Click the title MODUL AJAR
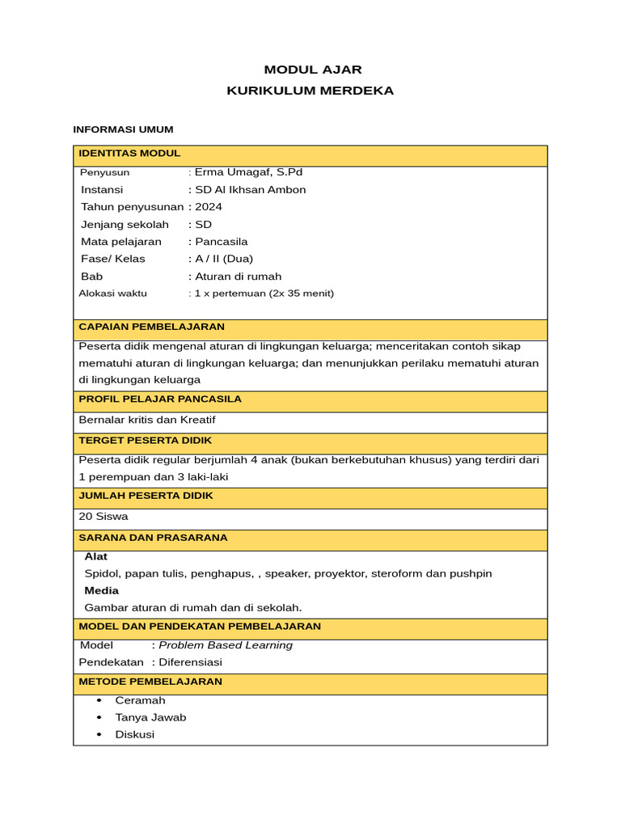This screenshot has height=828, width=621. coord(312,70)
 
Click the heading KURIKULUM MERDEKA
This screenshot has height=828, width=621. coord(310,91)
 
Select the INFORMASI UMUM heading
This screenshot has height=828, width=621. coord(123,129)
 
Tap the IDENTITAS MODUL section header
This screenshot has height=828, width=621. coord(129,154)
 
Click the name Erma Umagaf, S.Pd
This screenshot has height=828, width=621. coord(248,172)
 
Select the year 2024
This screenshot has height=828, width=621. coord(209,207)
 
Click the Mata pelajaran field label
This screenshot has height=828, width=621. coord(121,242)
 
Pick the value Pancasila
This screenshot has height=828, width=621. coord(221,242)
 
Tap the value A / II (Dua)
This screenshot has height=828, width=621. coord(224,259)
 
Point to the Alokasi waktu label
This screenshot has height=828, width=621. coord(113,294)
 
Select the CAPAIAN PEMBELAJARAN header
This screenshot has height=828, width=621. coord(151,327)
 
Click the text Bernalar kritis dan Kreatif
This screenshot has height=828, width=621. coord(147,420)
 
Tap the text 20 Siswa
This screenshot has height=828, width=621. coord(103,516)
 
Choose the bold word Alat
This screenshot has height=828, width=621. coord(95,556)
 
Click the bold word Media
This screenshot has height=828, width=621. coord(101,590)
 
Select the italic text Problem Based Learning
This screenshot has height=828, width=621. coord(226,645)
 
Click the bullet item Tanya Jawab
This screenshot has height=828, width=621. coord(150,717)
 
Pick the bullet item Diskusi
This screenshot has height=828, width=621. coord(135,734)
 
